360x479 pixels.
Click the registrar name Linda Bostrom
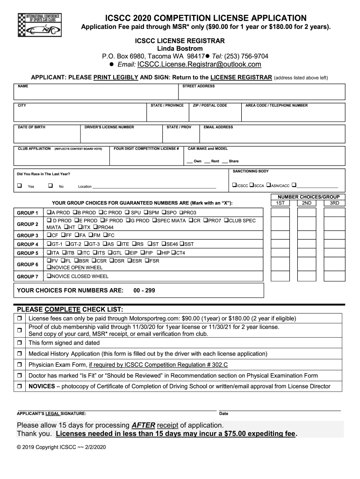coord(180,49)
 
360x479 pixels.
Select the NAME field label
coord(23,87)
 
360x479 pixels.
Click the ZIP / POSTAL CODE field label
coord(210,106)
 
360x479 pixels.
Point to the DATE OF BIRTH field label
coord(31,127)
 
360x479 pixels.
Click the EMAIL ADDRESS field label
coord(218,127)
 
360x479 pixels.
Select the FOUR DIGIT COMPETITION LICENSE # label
coord(146,149)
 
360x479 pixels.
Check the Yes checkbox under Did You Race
coord(20,186)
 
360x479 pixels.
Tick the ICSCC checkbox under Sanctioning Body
coord(235,186)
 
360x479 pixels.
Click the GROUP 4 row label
coord(28,244)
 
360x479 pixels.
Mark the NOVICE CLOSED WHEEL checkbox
coord(49,276)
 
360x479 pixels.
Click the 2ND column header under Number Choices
coord(306,203)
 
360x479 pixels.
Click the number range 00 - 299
coord(144,290)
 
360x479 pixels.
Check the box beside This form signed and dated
coord(20,343)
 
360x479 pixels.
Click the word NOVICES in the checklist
coord(42,386)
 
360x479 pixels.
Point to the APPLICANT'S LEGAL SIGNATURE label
coord(51,414)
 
